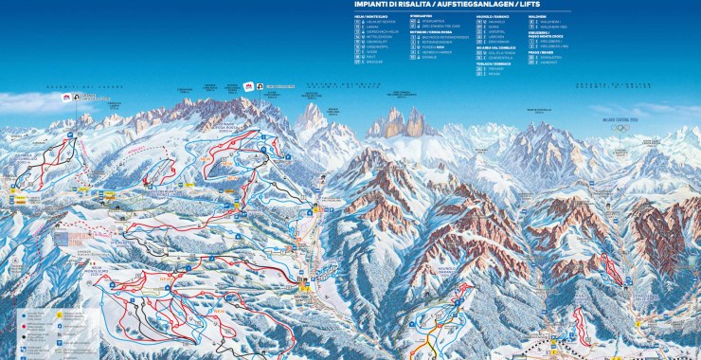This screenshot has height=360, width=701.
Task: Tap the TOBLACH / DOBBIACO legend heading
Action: [x=492, y=63]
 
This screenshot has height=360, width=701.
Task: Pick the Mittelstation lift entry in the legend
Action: [x=377, y=37]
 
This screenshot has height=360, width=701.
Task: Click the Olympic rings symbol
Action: [x=620, y=126]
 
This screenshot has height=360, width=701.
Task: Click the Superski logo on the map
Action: [x=250, y=87]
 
